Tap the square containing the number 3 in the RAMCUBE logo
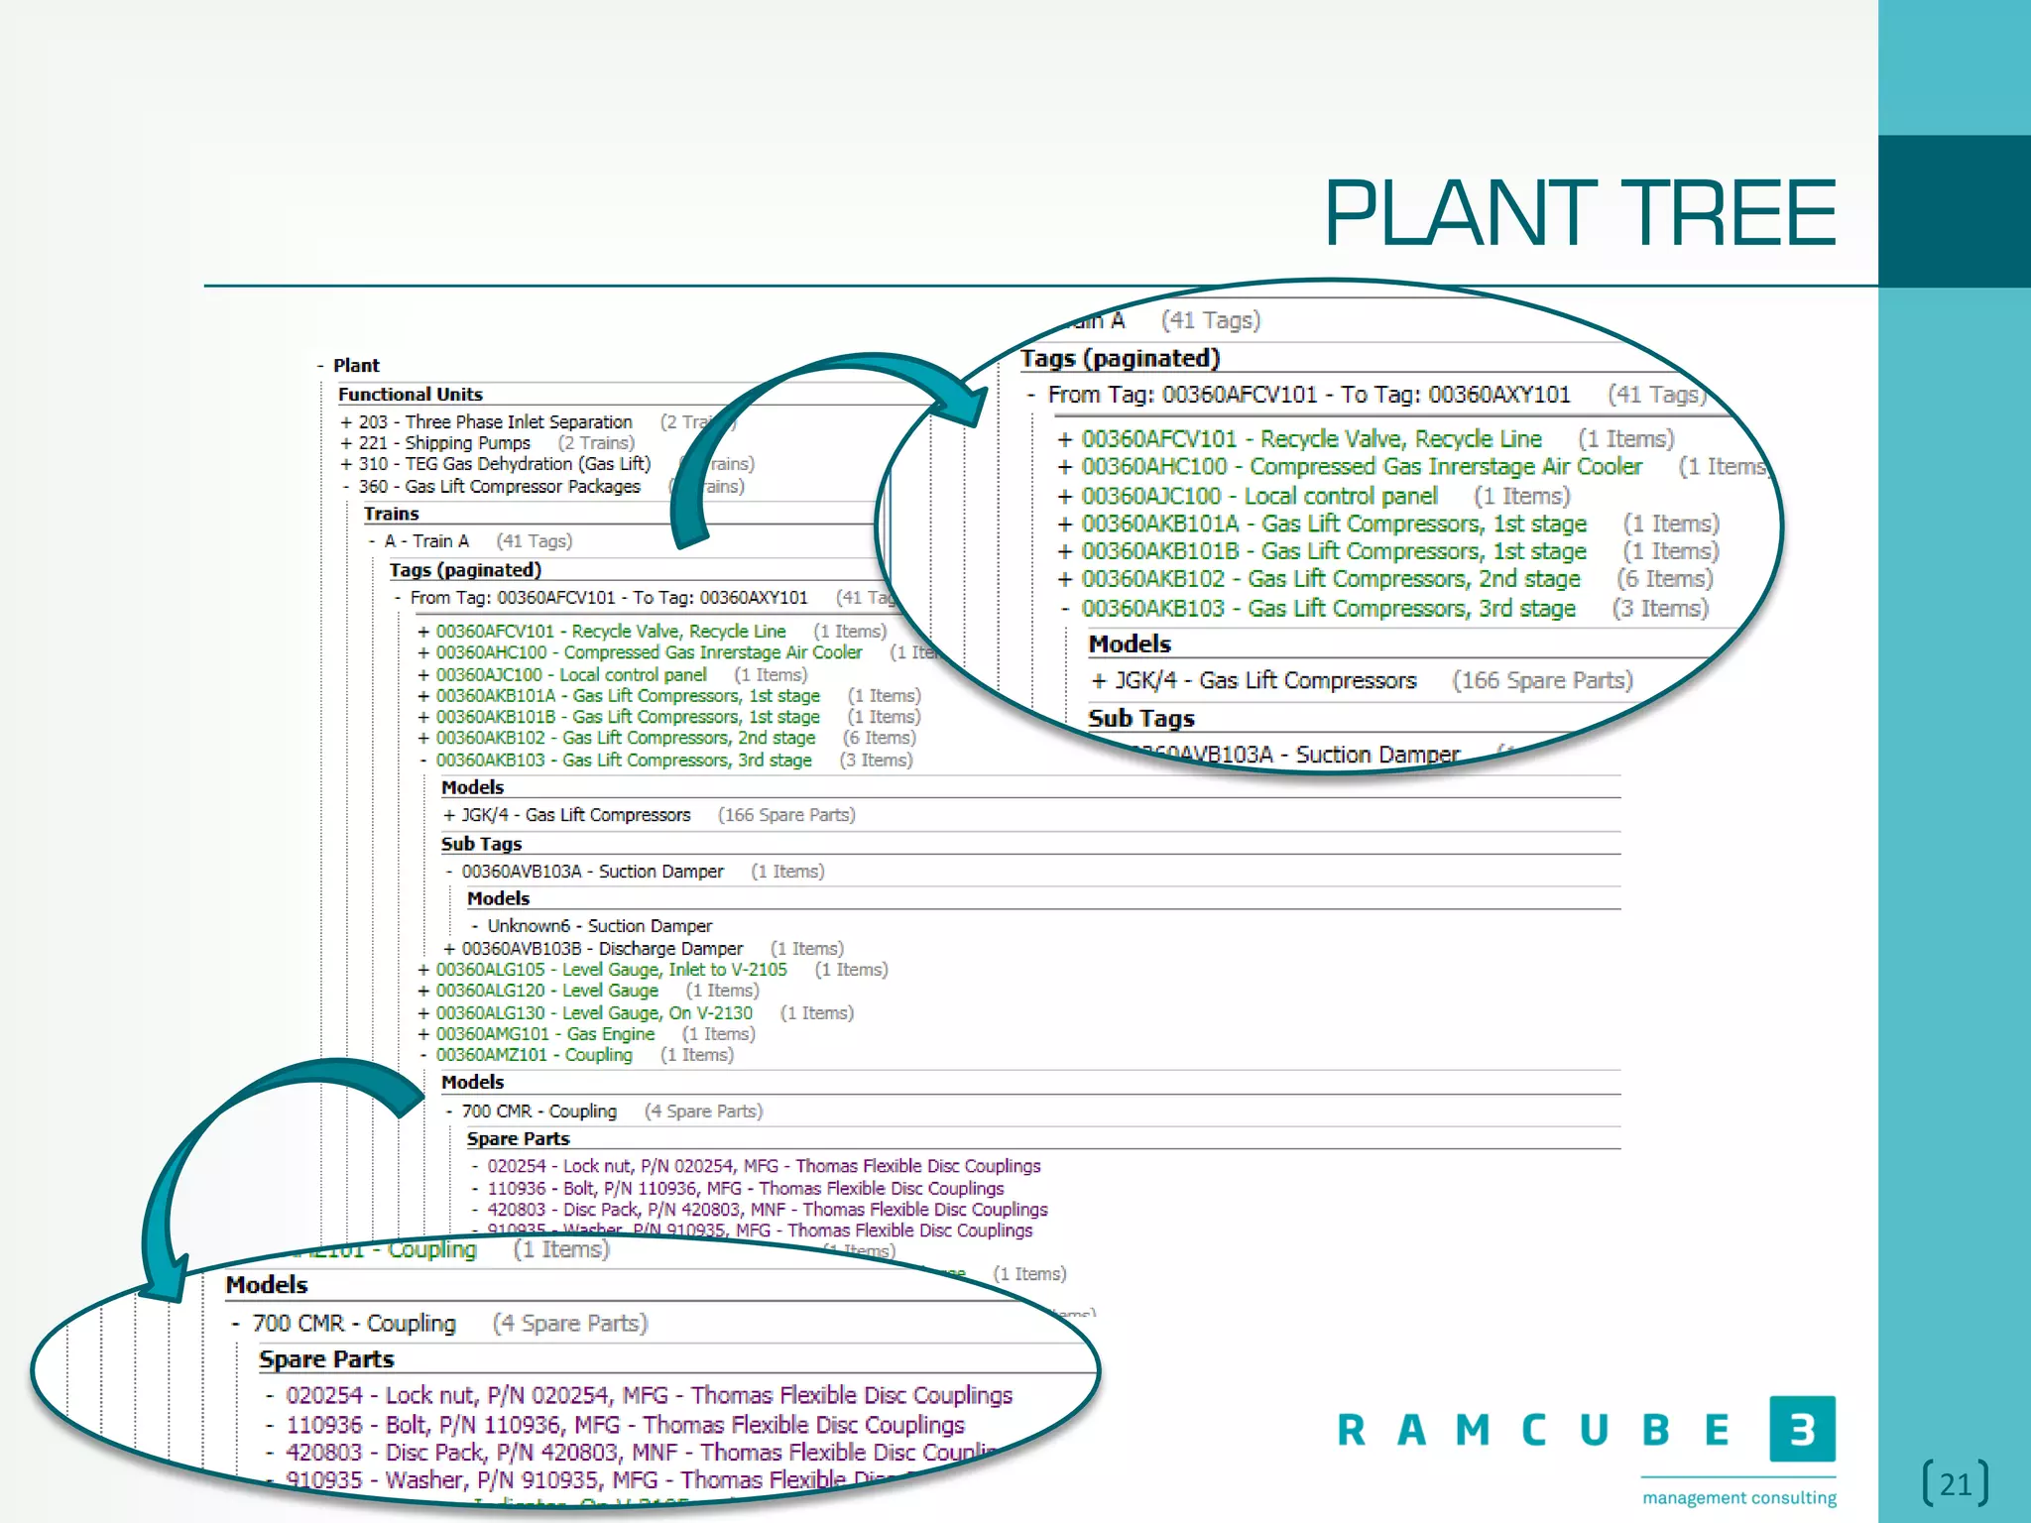(x=1802, y=1429)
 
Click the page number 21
(x=1955, y=1484)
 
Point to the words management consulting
(x=1738, y=1497)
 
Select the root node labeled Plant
(x=356, y=366)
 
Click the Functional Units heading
(x=410, y=395)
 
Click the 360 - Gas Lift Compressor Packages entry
(x=499, y=487)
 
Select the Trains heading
(x=391, y=514)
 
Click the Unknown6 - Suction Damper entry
(x=599, y=926)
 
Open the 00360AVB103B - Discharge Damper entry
(x=602, y=949)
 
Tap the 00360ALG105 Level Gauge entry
(x=611, y=970)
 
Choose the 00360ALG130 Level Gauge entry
(x=594, y=1013)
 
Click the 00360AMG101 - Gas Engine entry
(x=545, y=1034)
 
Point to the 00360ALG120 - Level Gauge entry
(x=546, y=991)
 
